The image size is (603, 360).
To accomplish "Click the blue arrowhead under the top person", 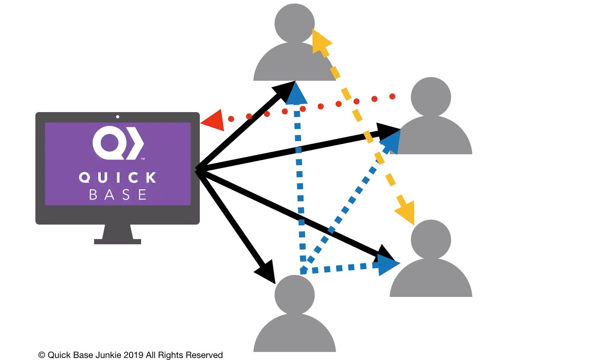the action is (296, 94).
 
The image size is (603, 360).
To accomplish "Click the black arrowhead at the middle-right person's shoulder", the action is (388, 132).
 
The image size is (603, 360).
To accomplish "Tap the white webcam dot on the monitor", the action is (118, 117).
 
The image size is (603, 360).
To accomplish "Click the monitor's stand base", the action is (117, 241).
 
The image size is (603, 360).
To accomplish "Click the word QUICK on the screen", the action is (118, 178).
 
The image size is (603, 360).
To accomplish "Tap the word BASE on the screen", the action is (118, 194).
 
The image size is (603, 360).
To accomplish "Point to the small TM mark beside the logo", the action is (143, 159).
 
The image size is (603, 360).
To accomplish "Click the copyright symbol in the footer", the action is (41, 355).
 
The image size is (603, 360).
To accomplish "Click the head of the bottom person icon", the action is (295, 295).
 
